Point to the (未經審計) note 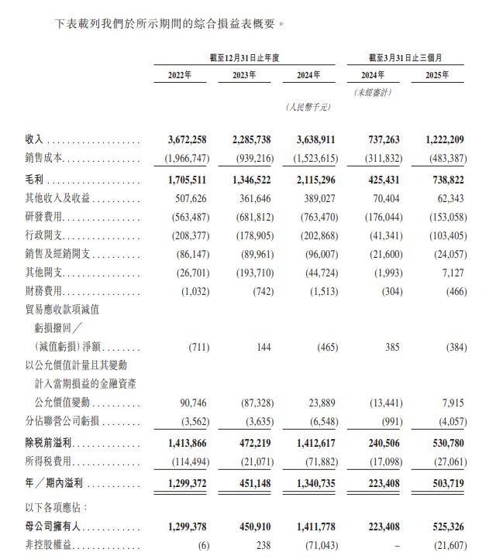click(x=373, y=92)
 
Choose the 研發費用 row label click(x=44, y=217)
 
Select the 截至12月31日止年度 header click(x=244, y=58)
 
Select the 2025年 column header click(x=439, y=76)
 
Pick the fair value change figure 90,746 click(x=194, y=404)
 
